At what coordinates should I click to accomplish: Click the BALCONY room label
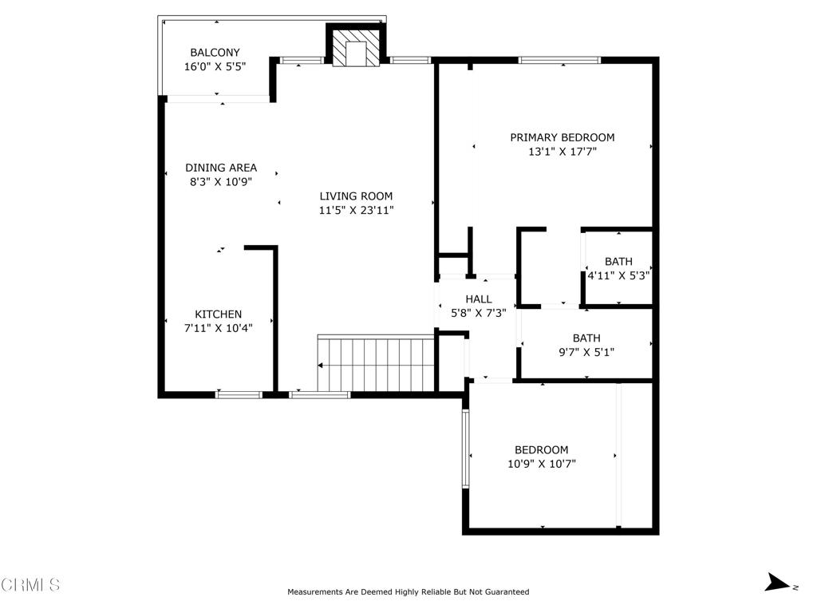click(x=215, y=53)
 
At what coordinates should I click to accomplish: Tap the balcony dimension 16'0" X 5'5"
click(x=215, y=67)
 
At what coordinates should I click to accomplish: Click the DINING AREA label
click(x=221, y=168)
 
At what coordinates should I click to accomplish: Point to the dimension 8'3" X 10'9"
click(x=221, y=182)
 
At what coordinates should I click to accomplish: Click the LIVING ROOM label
click(x=356, y=196)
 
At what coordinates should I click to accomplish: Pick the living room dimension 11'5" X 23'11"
click(x=356, y=211)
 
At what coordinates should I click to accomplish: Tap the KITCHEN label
click(x=219, y=314)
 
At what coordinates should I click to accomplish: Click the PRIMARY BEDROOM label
click(x=562, y=137)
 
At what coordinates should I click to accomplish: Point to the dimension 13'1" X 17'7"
click(x=562, y=152)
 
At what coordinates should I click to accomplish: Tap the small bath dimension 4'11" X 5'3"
click(x=618, y=276)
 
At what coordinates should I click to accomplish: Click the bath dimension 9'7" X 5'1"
click(x=586, y=352)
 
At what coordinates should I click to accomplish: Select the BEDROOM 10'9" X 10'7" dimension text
click(x=541, y=464)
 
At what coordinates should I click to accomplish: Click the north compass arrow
click(x=776, y=583)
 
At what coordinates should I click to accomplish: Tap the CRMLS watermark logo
click(x=30, y=585)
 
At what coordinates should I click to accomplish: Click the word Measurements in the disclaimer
click(x=318, y=592)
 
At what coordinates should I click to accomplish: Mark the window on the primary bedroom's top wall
click(x=559, y=60)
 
